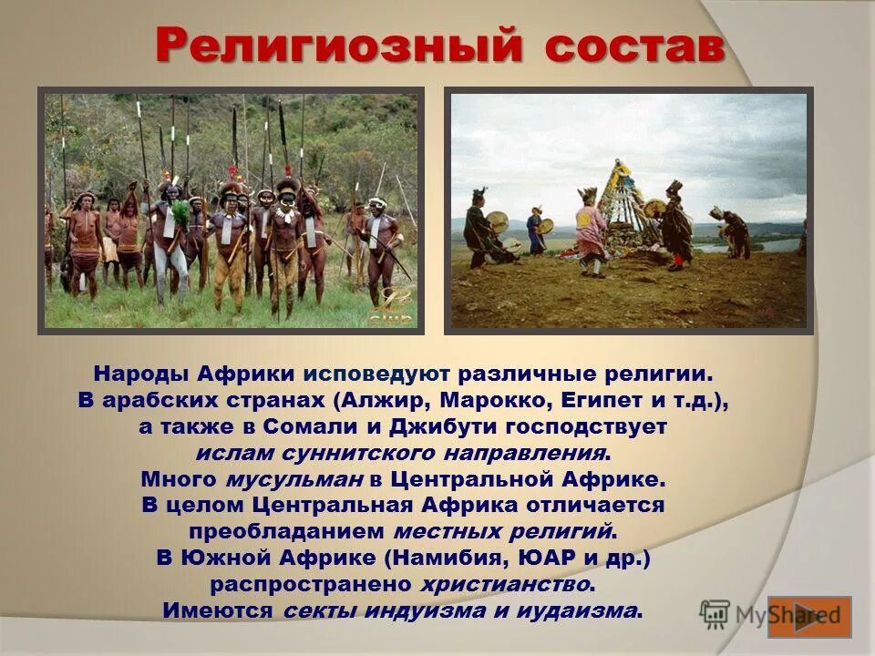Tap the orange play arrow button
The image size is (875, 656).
point(809,616)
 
